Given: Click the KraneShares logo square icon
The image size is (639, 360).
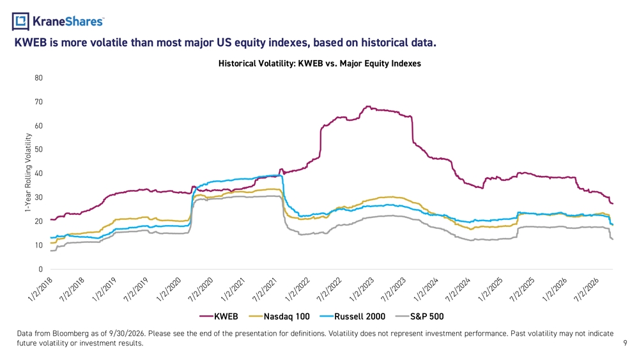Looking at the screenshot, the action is pyautogui.click(x=20, y=21).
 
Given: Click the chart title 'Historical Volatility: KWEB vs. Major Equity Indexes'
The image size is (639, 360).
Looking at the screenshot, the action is pyautogui.click(x=319, y=63).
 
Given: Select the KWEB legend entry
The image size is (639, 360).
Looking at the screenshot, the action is pyautogui.click(x=219, y=317).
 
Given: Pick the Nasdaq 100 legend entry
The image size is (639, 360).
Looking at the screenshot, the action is pyautogui.click(x=279, y=317).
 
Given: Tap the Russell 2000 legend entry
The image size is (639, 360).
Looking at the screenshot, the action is pyautogui.click(x=353, y=317).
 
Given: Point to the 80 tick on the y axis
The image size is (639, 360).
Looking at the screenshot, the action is pyautogui.click(x=39, y=78).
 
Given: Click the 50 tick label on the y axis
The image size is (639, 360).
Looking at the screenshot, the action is pyautogui.click(x=39, y=150).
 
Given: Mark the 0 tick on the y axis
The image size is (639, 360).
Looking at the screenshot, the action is pyautogui.click(x=41, y=269).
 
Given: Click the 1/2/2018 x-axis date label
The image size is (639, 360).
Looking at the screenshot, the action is pyautogui.click(x=41, y=290).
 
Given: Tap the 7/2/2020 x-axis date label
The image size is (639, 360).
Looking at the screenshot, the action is pyautogui.click(x=201, y=290).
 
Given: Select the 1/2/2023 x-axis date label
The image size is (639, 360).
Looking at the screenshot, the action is pyautogui.click(x=362, y=290).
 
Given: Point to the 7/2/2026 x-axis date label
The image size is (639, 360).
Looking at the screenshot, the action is pyautogui.click(x=587, y=290).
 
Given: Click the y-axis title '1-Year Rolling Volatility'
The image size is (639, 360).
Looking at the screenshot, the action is pyautogui.click(x=27, y=173).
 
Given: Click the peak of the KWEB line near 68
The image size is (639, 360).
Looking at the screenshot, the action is pyautogui.click(x=368, y=107).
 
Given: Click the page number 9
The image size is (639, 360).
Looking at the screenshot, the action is pyautogui.click(x=625, y=343).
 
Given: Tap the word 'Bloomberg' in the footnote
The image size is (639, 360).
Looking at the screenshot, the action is pyautogui.click(x=70, y=334).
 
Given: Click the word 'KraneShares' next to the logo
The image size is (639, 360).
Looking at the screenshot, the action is pyautogui.click(x=68, y=21).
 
